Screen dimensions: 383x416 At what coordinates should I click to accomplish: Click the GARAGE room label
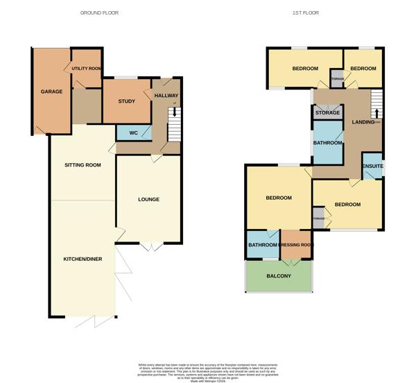(x=51, y=92)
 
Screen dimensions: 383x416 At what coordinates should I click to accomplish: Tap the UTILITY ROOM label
(x=87, y=69)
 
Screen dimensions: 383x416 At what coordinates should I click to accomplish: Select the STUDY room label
(x=126, y=101)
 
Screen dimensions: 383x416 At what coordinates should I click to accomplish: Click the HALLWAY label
(x=166, y=96)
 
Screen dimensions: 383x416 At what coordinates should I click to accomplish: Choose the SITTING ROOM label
(x=83, y=165)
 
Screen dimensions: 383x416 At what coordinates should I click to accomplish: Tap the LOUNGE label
(x=148, y=199)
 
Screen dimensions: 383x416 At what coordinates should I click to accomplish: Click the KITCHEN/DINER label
(x=83, y=259)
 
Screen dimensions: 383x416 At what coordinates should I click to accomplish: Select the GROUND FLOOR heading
(x=100, y=13)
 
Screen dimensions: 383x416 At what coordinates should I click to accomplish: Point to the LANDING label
(x=363, y=122)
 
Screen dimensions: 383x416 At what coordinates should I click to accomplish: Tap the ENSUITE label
(x=373, y=167)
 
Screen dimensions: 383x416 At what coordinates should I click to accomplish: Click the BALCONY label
(x=279, y=276)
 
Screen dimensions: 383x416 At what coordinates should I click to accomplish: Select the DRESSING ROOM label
(x=296, y=245)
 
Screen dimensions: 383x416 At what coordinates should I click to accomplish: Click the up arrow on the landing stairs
(x=377, y=113)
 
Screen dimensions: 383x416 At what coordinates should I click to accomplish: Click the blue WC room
(x=130, y=132)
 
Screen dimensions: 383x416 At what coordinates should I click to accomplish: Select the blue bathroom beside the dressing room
(x=263, y=244)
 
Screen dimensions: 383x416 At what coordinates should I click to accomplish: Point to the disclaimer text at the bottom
(x=208, y=368)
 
